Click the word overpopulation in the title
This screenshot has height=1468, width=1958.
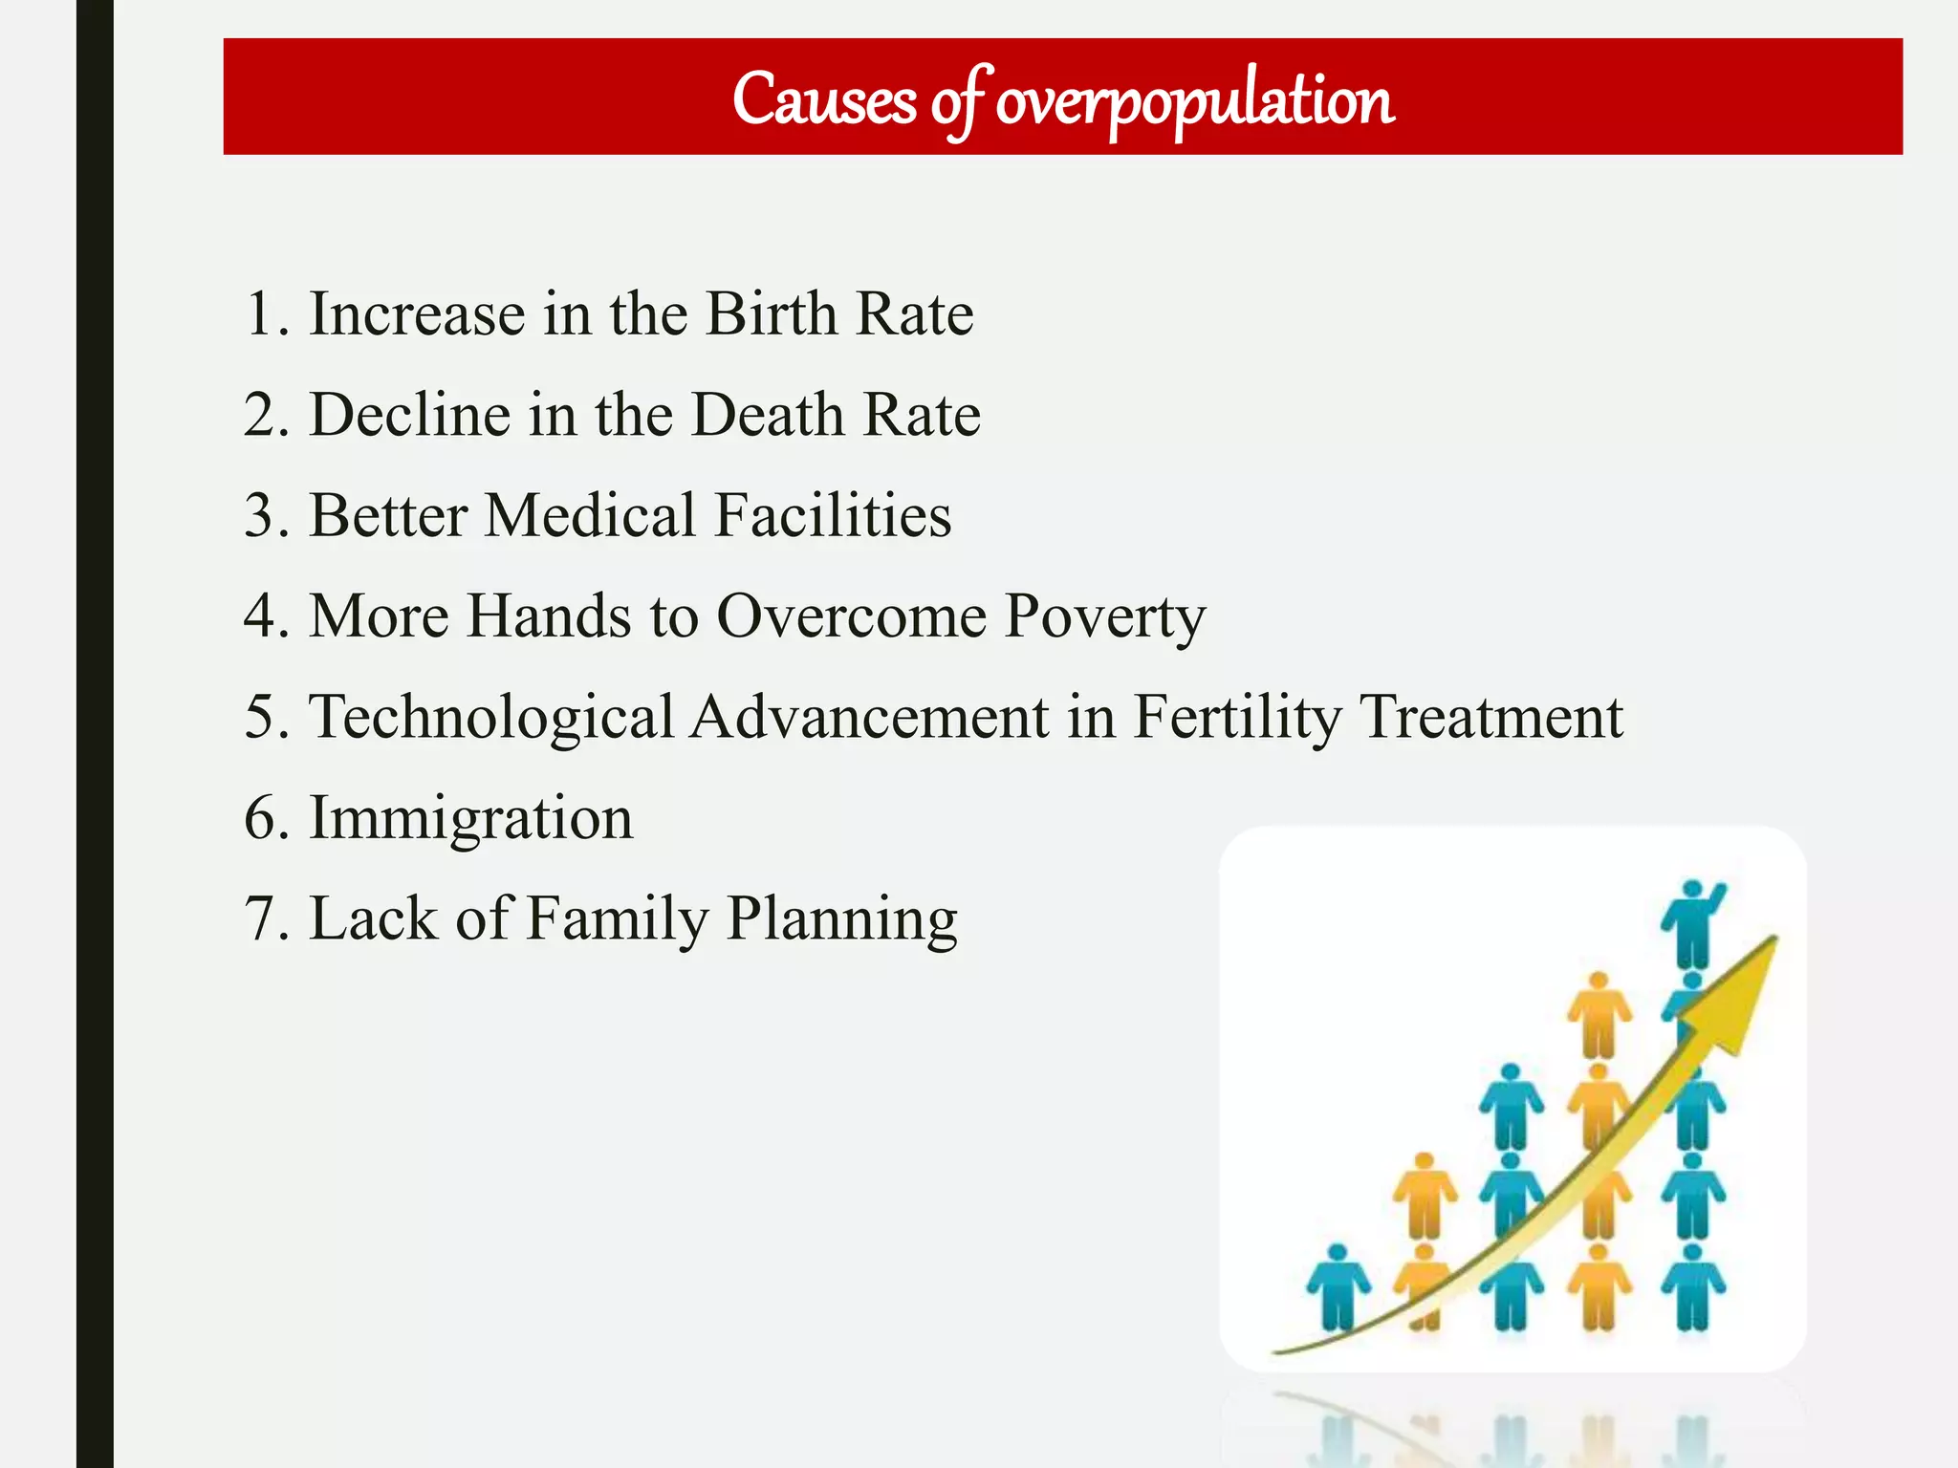tap(1194, 100)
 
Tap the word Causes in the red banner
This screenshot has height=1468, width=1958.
tap(823, 99)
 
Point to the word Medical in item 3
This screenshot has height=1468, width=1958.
tap(590, 516)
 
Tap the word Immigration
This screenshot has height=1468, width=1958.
tap(470, 819)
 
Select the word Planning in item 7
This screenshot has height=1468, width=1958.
tap(841, 920)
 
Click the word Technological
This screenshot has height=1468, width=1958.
tap(491, 718)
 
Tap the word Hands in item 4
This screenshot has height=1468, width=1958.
tap(549, 616)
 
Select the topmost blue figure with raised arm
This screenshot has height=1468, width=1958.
tap(1693, 922)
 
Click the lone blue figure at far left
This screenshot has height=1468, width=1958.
tap(1338, 1286)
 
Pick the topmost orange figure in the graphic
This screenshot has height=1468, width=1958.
tap(1599, 1013)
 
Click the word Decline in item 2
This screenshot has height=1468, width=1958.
tap(409, 415)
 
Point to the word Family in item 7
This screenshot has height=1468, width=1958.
tap(617, 920)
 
